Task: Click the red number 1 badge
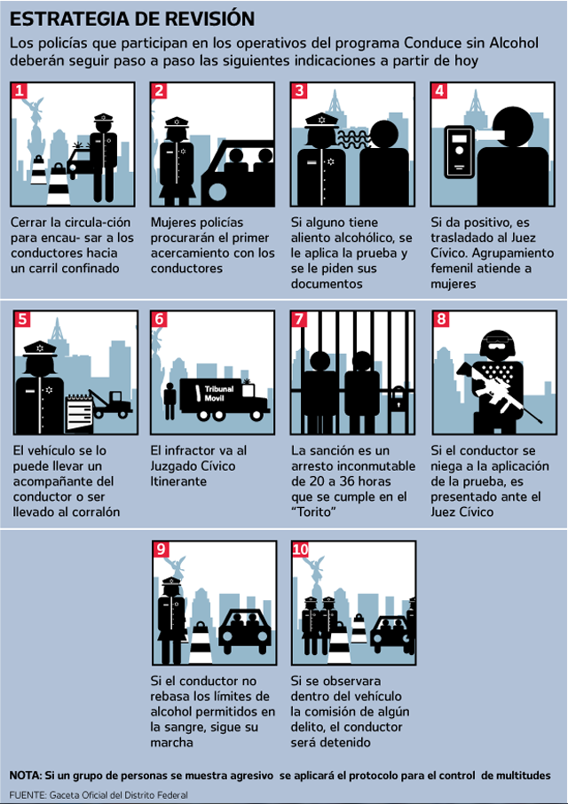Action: (20, 90)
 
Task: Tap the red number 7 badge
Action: (299, 319)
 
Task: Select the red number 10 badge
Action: (301, 550)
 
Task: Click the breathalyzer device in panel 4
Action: (459, 152)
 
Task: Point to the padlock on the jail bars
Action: (398, 398)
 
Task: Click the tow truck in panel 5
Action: (111, 403)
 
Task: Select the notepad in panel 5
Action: (79, 414)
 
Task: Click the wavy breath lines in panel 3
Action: (353, 138)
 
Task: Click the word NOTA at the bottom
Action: (24, 776)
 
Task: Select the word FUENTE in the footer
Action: (28, 795)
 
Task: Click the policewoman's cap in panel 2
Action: (177, 122)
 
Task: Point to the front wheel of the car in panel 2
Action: (215, 194)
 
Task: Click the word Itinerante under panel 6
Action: (178, 481)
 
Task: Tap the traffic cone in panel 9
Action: (201, 642)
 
